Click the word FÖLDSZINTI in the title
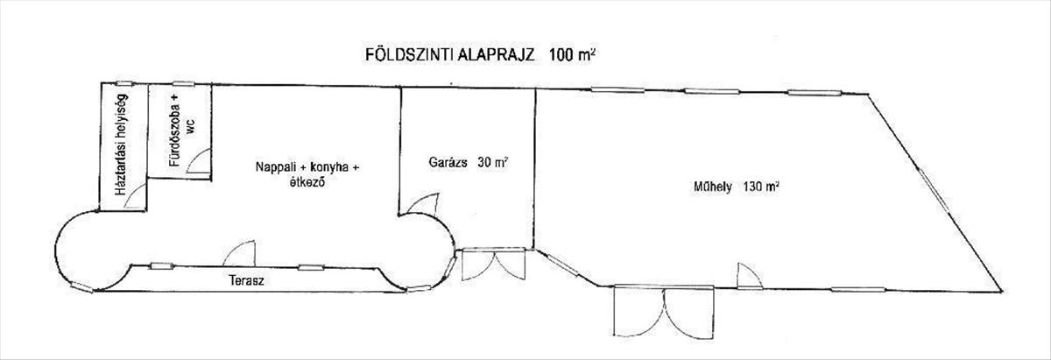409,55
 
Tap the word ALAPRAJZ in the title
496,55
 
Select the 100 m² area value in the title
573,54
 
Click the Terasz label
246,280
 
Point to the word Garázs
448,162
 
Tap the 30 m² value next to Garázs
493,162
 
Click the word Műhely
713,187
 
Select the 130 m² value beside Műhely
761,187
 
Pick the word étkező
307,182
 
